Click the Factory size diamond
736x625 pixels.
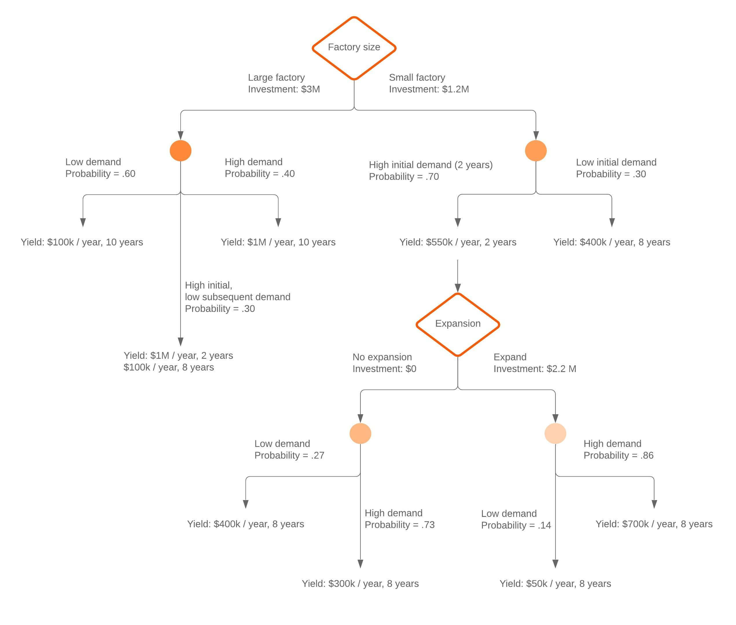(354, 47)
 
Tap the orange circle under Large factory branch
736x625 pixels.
(181, 151)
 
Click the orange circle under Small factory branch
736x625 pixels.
(535, 151)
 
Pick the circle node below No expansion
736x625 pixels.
(360, 433)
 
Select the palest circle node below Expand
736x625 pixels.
(555, 433)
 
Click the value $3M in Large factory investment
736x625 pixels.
(310, 89)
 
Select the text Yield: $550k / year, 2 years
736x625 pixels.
(457, 242)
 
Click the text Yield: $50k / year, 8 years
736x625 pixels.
(555, 584)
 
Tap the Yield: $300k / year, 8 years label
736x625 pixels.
(360, 584)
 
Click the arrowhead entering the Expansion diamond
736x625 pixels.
(457, 288)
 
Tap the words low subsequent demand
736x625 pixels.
(237, 297)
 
